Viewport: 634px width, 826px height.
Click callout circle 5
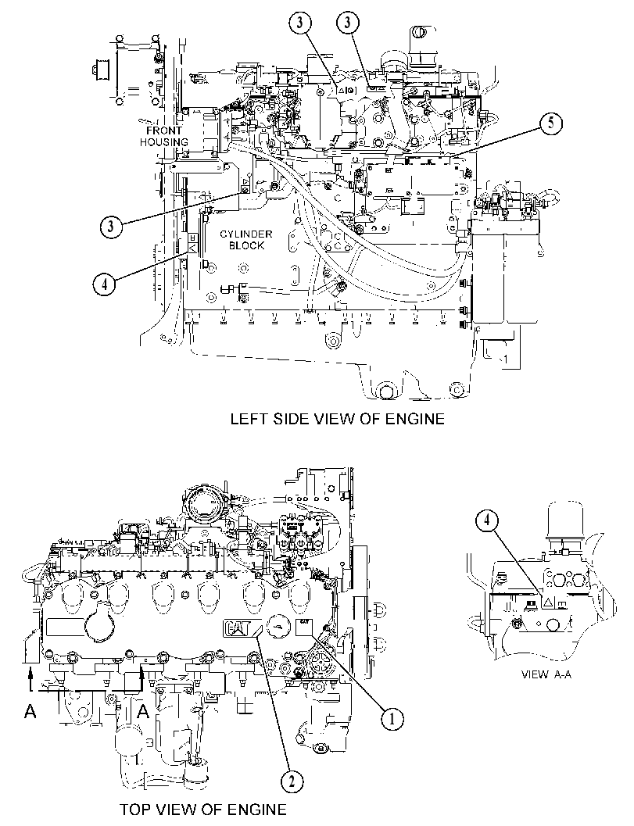550,123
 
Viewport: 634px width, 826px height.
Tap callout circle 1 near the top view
392,718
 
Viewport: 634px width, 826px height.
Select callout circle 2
292,781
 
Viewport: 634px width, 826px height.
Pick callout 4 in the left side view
104,284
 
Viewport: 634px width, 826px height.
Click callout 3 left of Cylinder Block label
110,227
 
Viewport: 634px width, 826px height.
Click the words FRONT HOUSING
164,136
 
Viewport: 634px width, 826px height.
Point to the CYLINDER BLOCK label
246,240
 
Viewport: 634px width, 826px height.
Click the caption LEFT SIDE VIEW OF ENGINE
337,419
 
